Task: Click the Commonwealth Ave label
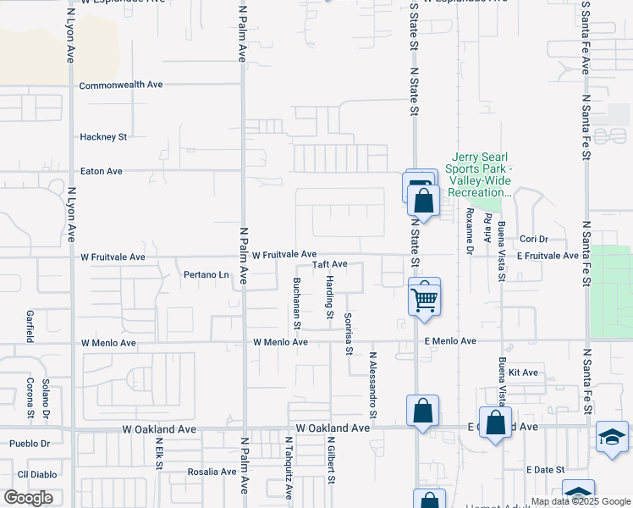[x=120, y=86]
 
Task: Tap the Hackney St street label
[x=102, y=136]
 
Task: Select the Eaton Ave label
[x=101, y=171]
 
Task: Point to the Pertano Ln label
[x=206, y=275]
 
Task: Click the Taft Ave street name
[x=330, y=265]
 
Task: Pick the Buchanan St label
[x=297, y=302]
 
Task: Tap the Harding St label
[x=330, y=297]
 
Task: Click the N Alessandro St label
[x=372, y=385]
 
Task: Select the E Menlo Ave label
[x=450, y=341]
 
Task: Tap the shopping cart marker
[x=424, y=298]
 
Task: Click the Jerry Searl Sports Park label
[x=482, y=174]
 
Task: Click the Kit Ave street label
[x=524, y=373]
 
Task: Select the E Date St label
[x=544, y=470]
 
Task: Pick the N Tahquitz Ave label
[x=289, y=469]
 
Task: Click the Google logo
[x=28, y=498]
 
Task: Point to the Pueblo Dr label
[x=30, y=444]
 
